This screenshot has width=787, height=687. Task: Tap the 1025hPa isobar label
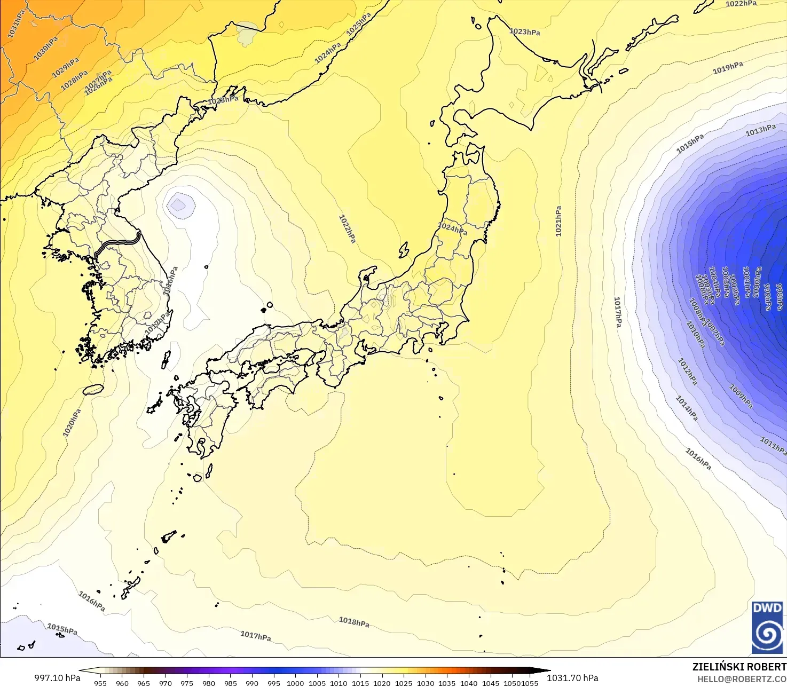(x=359, y=25)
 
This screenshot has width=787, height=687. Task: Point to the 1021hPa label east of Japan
(x=558, y=221)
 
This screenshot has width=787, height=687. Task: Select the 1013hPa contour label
(x=760, y=130)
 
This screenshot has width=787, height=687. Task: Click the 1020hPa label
(x=72, y=423)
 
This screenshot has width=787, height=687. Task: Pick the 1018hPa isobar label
(x=354, y=622)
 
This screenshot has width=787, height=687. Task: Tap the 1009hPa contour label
(x=741, y=397)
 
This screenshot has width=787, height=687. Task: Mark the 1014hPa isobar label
(x=687, y=408)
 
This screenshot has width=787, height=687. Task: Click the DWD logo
(x=767, y=627)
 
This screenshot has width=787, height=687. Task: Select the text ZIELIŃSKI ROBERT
(x=739, y=667)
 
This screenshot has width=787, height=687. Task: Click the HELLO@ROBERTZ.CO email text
(x=742, y=679)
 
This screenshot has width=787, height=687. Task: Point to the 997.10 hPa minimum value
(x=57, y=678)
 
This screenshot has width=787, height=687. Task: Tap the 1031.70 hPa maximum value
(x=572, y=678)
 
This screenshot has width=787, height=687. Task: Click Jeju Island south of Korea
(x=93, y=390)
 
